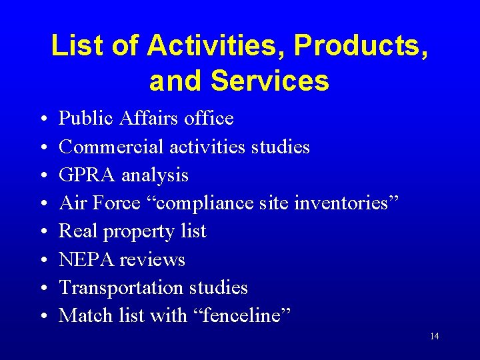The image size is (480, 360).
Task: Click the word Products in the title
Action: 357,46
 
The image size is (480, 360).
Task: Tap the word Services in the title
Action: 269,81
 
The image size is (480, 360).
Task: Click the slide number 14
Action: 434,336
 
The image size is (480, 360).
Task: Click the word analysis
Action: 155,175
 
